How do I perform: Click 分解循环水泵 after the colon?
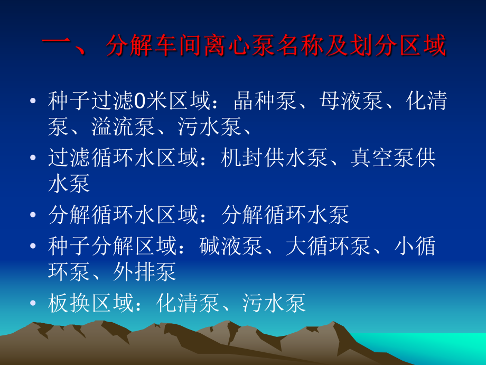285,215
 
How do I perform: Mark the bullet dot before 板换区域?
34,304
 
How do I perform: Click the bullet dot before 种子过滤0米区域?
34,102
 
